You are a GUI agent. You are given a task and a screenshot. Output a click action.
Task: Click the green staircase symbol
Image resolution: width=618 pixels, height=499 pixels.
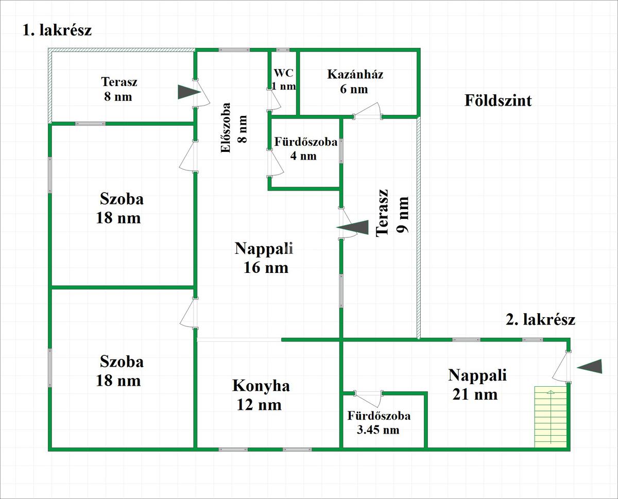[551, 417]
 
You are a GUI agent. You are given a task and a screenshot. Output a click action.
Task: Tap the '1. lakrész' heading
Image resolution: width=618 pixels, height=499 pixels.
[57, 30]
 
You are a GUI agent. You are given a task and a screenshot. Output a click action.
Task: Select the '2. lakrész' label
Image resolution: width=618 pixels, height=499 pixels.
[540, 320]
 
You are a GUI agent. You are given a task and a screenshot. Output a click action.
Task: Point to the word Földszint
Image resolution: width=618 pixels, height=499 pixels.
[498, 100]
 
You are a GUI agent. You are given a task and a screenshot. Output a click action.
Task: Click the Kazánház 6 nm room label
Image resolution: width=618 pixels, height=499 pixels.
[355, 81]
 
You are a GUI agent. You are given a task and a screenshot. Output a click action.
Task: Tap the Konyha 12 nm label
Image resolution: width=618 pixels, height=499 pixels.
[261, 395]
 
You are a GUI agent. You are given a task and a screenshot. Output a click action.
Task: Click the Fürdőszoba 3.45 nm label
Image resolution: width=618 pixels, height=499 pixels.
[379, 423]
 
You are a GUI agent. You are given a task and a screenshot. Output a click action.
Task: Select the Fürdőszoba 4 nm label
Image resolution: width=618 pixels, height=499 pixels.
[305, 149]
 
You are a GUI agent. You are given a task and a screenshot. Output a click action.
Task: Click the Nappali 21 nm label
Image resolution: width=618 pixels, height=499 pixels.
[477, 384]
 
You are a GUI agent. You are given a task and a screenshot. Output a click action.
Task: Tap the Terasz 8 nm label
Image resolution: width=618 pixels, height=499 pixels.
[119, 89]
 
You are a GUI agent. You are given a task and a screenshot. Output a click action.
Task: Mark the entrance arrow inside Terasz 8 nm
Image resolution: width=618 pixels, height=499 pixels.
[188, 92]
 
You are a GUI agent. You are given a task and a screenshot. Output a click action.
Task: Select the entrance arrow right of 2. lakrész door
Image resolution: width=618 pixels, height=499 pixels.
[589, 366]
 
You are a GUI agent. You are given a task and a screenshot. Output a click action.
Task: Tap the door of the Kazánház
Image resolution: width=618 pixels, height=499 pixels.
[368, 111]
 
